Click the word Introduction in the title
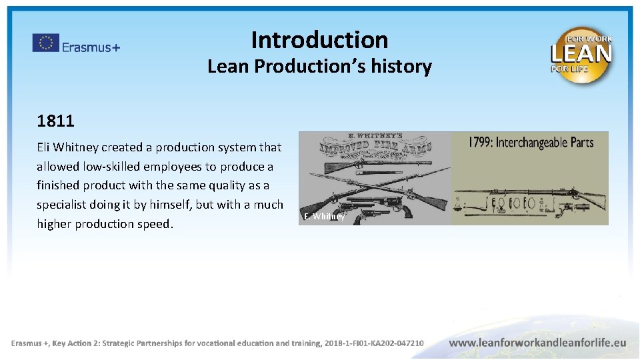pyautogui.click(x=319, y=40)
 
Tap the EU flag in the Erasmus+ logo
pyautogui.click(x=46, y=43)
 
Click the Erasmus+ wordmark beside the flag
pyautogui.click(x=91, y=47)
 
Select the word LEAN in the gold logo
pyautogui.click(x=581, y=53)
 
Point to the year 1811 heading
pyautogui.click(x=55, y=121)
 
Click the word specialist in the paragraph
pyautogui.click(x=65, y=205)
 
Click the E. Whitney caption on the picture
pyautogui.click(x=324, y=217)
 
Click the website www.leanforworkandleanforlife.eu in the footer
pyautogui.click(x=538, y=343)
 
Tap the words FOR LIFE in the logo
pyautogui.click(x=565, y=68)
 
